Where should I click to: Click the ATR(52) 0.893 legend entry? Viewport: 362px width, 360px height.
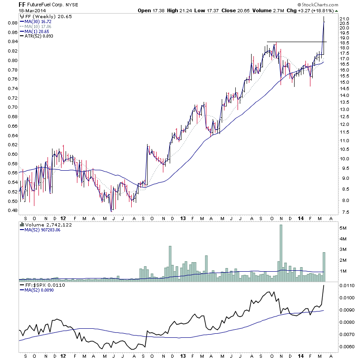pos(38,36)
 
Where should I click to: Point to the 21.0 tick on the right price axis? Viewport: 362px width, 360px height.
pos(345,18)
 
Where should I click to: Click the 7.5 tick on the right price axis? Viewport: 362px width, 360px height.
pos(345,212)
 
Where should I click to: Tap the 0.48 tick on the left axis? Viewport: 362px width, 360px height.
pos(13,210)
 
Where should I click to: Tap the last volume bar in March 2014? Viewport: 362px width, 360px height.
pos(324,267)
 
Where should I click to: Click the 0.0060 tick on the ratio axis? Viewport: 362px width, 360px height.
pos(347,346)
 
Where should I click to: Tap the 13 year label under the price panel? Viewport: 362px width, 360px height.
pos(181,217)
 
